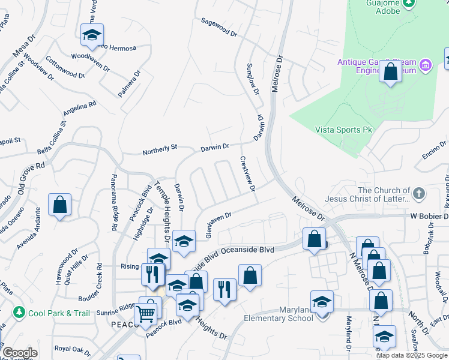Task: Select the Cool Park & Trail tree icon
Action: tap(20, 313)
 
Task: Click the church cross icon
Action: tap(419, 194)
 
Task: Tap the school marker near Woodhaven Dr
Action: tap(92, 36)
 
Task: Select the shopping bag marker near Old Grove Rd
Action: tap(60, 205)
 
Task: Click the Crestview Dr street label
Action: tap(247, 175)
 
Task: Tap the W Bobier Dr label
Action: tap(421, 215)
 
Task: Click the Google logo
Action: tap(20, 353)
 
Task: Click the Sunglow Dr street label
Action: tap(253, 78)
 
